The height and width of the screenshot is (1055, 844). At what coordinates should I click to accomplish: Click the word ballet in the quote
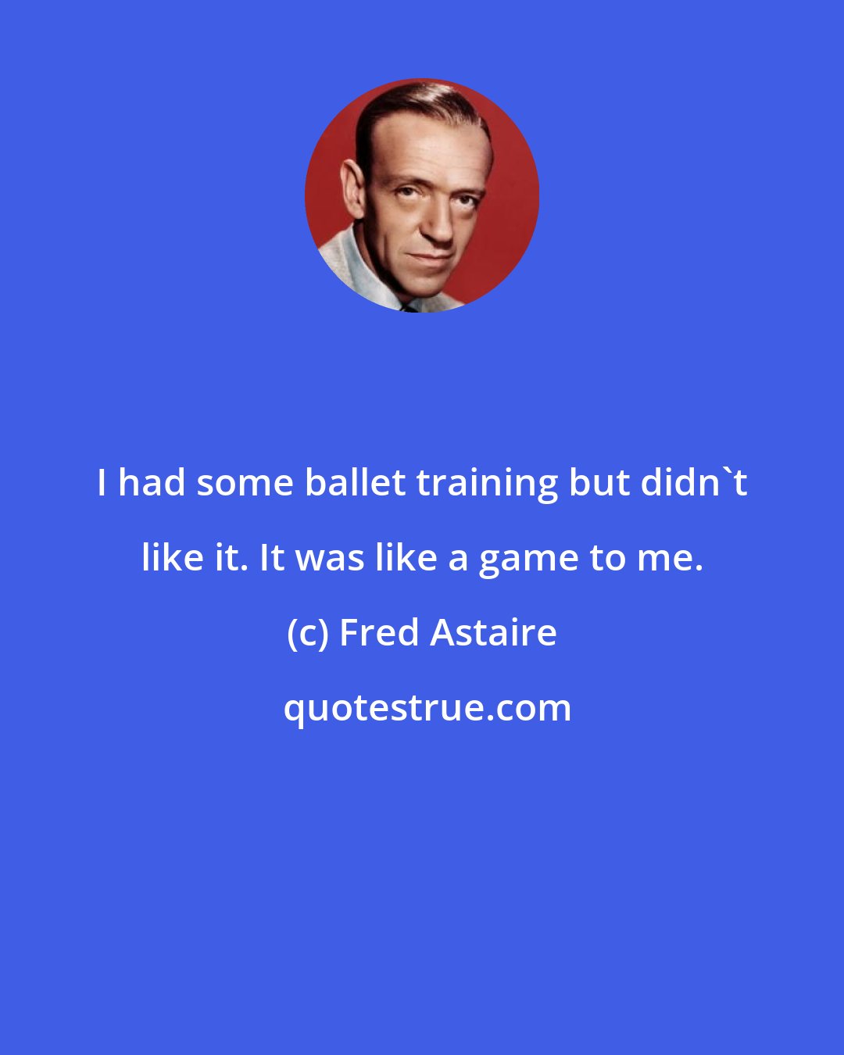354,484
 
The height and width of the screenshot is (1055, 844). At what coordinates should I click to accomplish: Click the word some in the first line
245,484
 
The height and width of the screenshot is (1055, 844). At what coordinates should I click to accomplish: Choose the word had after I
152,484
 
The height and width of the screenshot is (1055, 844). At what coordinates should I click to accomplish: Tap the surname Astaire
493,633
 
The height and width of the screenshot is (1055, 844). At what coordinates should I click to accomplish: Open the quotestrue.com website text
427,708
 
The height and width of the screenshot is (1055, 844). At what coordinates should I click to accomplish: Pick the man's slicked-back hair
406,105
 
